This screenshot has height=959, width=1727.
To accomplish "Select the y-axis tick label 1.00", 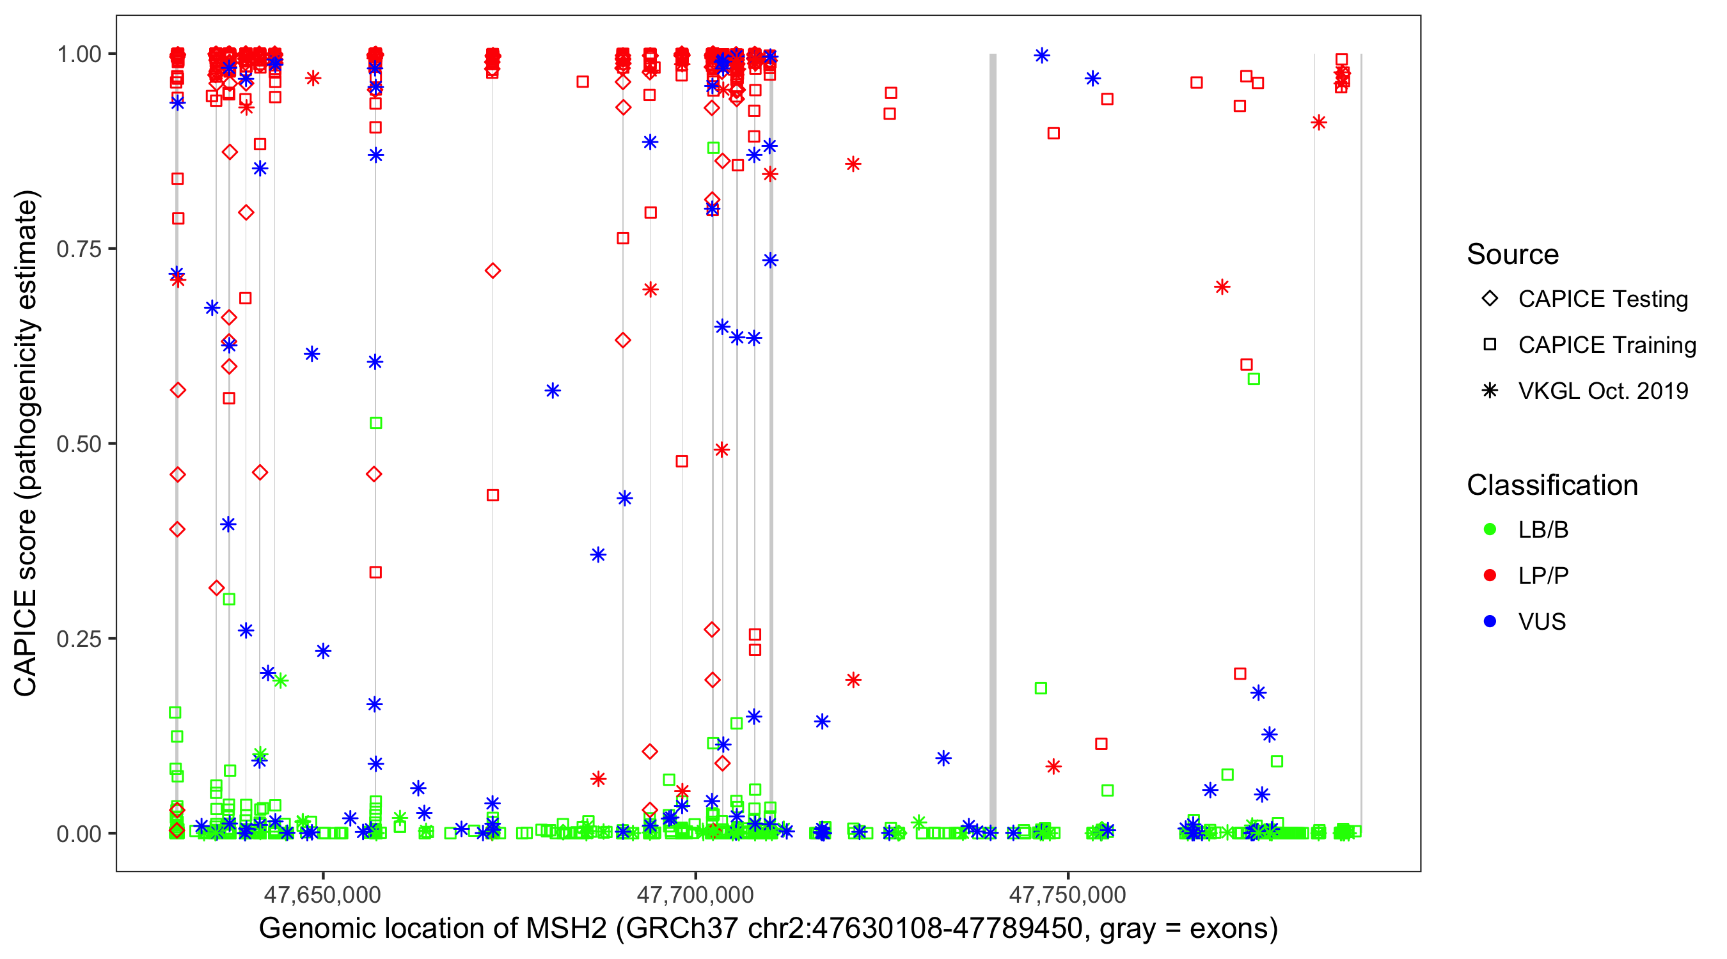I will click(x=79, y=54).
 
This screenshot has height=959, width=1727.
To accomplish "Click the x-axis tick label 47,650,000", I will click(x=322, y=894).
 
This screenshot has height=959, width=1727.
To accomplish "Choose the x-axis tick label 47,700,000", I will click(x=695, y=894).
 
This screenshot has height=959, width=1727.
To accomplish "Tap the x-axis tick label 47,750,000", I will click(x=1068, y=894).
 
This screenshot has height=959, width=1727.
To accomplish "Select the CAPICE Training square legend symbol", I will click(x=1490, y=345).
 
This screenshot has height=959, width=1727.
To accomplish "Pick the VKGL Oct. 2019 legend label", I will click(x=1603, y=391).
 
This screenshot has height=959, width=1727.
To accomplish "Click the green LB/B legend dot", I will click(x=1490, y=530).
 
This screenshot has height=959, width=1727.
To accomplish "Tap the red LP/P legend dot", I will click(x=1490, y=575).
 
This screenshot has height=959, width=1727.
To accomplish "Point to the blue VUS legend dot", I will click(x=1490, y=622).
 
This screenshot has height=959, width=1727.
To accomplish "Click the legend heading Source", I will click(x=1513, y=254).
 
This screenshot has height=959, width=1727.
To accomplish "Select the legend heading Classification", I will click(x=1552, y=485).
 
